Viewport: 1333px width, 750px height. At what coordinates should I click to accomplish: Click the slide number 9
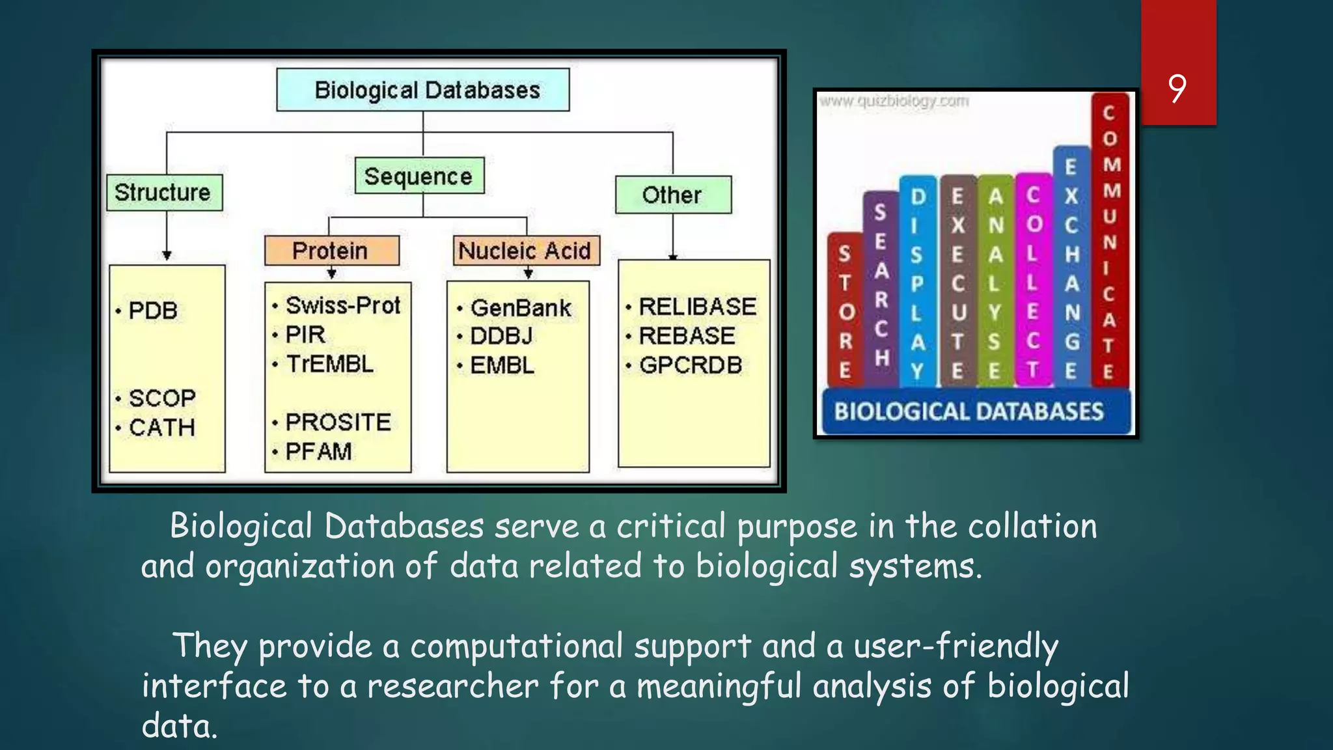click(1177, 89)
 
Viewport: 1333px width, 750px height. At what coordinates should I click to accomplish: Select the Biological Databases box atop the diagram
click(423, 90)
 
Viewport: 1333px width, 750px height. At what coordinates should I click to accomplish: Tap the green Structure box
click(164, 193)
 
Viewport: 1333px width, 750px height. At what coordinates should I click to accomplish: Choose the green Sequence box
click(419, 176)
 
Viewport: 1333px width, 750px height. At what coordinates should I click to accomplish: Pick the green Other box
click(673, 195)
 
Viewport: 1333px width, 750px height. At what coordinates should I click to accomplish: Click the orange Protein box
click(331, 251)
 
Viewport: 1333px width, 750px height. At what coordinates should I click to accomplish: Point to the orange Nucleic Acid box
click(525, 251)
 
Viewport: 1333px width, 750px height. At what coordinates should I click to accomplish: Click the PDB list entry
click(153, 311)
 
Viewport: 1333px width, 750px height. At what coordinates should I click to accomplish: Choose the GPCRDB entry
click(691, 365)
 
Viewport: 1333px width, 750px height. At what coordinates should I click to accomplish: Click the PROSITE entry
click(338, 422)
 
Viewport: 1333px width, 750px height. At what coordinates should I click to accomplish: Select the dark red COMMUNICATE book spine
click(1110, 241)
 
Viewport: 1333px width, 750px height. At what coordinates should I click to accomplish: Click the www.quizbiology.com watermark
click(894, 101)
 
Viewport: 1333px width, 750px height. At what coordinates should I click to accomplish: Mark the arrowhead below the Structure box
click(167, 255)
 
